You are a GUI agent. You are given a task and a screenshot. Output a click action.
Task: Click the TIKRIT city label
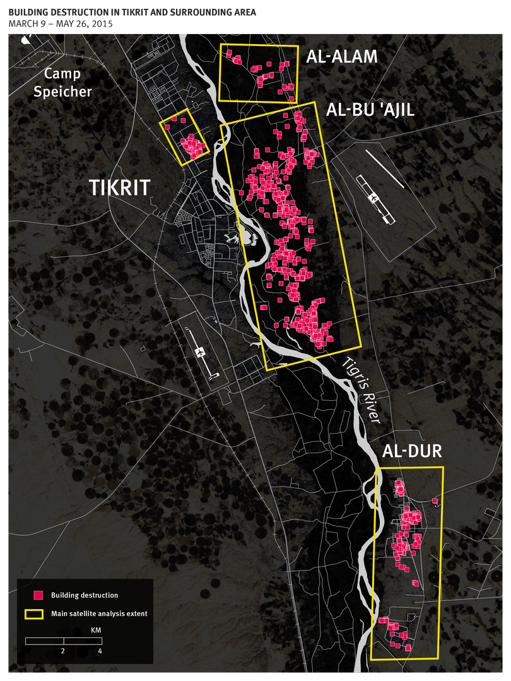pyautogui.click(x=119, y=188)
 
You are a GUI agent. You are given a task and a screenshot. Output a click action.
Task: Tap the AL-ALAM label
pyautogui.click(x=342, y=57)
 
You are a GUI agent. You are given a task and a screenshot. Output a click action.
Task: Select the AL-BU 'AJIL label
pyautogui.click(x=370, y=111)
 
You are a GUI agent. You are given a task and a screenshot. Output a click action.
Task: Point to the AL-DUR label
pyautogui.click(x=411, y=451)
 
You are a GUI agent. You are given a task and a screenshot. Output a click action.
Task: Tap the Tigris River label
pyautogui.click(x=362, y=390)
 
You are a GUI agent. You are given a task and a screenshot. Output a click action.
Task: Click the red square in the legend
pyautogui.click(x=38, y=595)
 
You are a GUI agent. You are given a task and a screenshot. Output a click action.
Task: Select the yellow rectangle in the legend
pyautogui.click(x=33, y=614)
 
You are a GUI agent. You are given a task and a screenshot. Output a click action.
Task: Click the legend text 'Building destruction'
pyautogui.click(x=85, y=595)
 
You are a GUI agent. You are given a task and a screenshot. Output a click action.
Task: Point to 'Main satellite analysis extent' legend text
pyautogui.click(x=99, y=614)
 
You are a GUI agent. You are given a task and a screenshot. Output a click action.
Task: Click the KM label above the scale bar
pyautogui.click(x=62, y=630)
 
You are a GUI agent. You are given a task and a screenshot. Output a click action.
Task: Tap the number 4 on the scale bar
pyautogui.click(x=100, y=650)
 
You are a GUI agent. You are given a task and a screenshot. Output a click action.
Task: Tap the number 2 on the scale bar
pyautogui.click(x=63, y=650)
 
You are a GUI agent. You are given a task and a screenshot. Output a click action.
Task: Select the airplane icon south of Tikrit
pyautogui.click(x=201, y=352)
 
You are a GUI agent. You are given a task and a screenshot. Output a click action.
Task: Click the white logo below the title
pyautogui.click(x=26, y=39)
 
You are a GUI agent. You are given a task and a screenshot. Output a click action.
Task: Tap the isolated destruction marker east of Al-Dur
pyautogui.click(x=435, y=501)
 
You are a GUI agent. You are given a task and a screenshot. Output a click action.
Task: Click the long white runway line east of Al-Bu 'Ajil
pyautogui.click(x=385, y=168)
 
